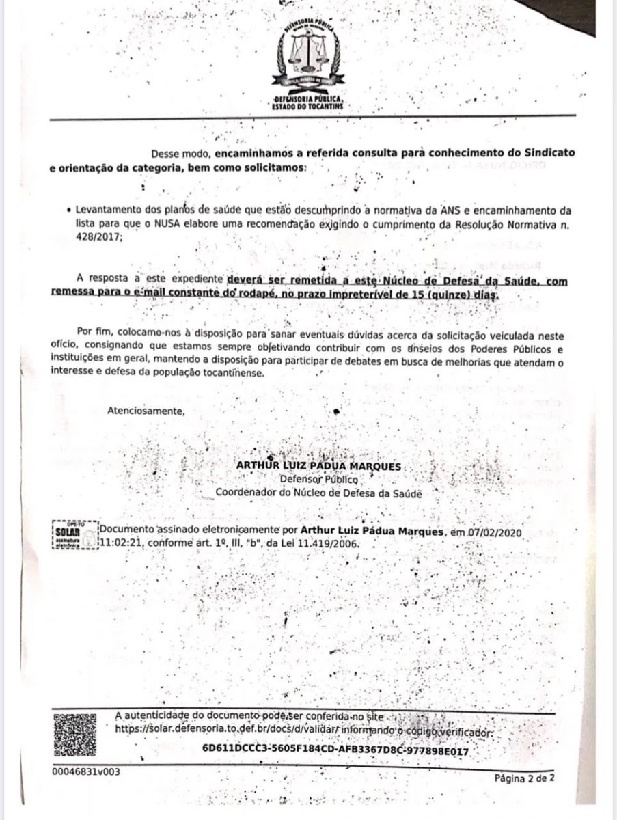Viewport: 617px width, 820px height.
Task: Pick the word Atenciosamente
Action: click(146, 411)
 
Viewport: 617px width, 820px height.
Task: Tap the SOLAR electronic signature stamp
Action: click(73, 536)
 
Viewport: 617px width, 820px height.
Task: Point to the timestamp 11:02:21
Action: click(122, 543)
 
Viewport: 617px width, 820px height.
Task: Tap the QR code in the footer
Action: click(74, 734)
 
